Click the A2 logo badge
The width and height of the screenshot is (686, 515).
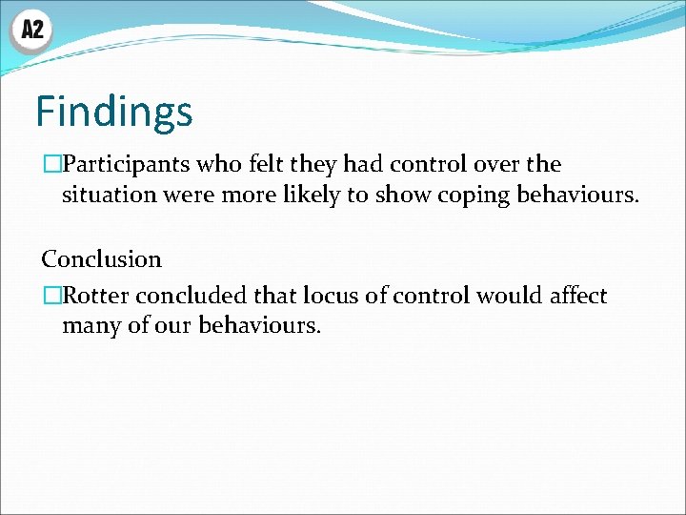click(x=31, y=31)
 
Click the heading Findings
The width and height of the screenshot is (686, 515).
click(x=114, y=112)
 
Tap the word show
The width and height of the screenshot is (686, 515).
click(x=426, y=196)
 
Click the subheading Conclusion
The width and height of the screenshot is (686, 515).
click(x=102, y=258)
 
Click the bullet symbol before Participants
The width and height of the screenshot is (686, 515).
click(x=51, y=165)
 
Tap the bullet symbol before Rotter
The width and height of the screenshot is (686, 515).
click(x=51, y=296)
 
